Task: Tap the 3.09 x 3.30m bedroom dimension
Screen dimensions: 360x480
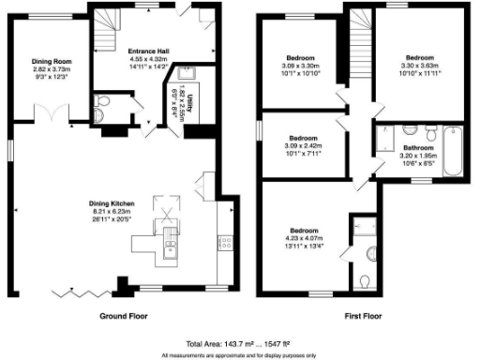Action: [x=302, y=66]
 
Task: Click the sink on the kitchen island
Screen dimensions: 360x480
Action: [x=171, y=247]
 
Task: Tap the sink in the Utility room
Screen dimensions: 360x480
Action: [x=179, y=79]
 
